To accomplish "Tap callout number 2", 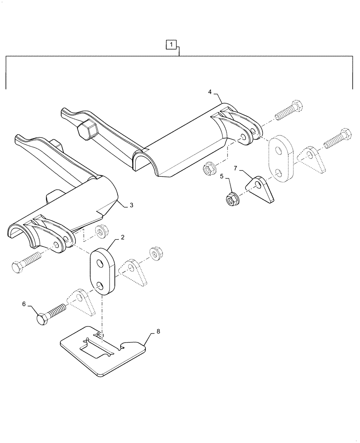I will [x=123, y=237].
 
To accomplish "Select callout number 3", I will [x=131, y=206].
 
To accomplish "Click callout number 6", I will [x=24, y=304].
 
